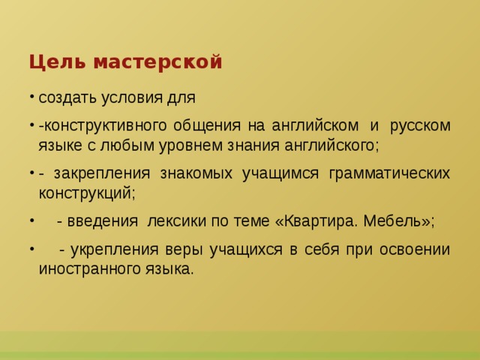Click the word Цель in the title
tap(49, 61)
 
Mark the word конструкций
tap(86, 193)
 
